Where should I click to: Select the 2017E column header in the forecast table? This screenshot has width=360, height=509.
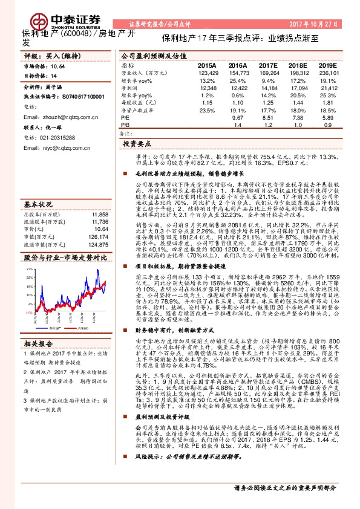click(x=268, y=64)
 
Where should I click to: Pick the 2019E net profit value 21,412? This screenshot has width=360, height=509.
click(x=327, y=88)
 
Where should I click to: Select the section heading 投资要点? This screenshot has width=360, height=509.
click(x=137, y=145)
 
